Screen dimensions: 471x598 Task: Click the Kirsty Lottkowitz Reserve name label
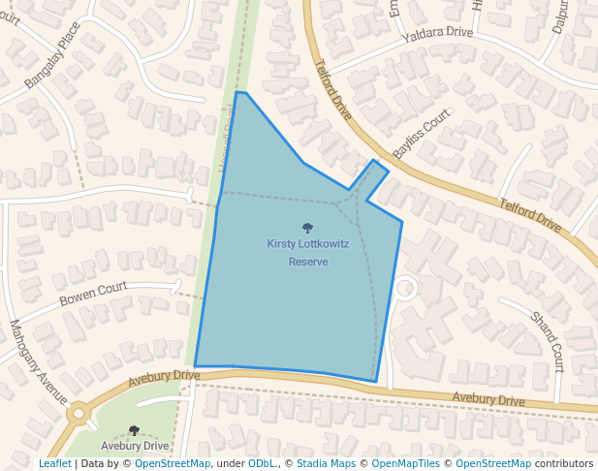(308, 253)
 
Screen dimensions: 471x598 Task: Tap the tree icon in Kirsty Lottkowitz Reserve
(308, 229)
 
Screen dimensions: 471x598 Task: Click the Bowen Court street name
(93, 294)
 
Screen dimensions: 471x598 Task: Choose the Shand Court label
(547, 341)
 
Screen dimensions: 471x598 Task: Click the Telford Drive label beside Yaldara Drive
(332, 96)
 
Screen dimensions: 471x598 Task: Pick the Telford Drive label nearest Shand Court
(530, 216)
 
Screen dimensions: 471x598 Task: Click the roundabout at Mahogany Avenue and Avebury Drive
(78, 414)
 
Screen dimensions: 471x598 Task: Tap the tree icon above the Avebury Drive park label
(134, 430)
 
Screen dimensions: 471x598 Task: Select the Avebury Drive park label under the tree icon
(135, 446)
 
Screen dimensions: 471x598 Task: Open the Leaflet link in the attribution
(55, 463)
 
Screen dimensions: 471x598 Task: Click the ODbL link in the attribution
(262, 463)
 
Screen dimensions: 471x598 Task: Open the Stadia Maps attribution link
(325, 463)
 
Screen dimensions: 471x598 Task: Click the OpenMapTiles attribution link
(400, 463)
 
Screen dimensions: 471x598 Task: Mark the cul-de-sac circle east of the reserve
(405, 287)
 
